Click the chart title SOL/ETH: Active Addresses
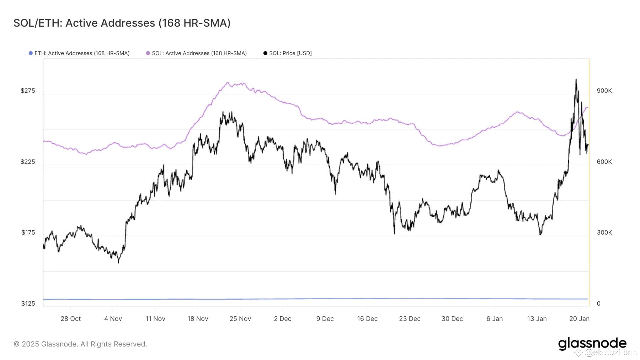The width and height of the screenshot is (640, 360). point(122,23)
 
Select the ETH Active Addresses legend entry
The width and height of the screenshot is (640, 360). point(79,53)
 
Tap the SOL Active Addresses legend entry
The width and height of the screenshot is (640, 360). point(196,53)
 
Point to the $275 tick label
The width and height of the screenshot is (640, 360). point(28,91)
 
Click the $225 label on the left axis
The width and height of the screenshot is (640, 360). point(28,162)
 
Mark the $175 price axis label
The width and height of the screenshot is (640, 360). point(28,232)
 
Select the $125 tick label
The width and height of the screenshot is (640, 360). point(28,303)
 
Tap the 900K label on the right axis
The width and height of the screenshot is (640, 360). point(604,91)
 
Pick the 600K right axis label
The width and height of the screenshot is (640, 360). point(604,162)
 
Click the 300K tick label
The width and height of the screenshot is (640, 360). point(604,232)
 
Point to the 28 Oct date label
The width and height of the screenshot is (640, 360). point(70,319)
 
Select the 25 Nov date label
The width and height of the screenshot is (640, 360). point(240,319)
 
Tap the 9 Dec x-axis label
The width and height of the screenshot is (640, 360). point(325,319)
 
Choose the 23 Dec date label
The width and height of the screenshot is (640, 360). point(410,319)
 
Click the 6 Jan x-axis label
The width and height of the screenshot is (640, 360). point(494,319)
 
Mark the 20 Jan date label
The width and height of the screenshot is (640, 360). point(579,319)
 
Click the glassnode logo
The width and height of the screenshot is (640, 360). point(592,344)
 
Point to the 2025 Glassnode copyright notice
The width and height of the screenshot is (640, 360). point(80,344)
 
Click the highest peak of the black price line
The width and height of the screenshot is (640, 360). point(576,80)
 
